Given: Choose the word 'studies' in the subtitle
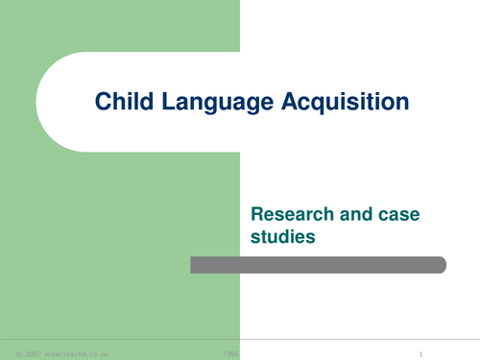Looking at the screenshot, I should coord(282,233).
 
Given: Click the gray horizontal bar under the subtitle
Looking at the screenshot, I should coord(317,265).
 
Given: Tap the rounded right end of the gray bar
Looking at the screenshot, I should coord(441,265).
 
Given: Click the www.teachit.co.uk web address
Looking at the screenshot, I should coord(78,354).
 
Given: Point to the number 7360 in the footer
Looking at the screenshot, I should coord(230,354).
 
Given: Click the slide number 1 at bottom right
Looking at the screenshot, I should coord(420,354).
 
